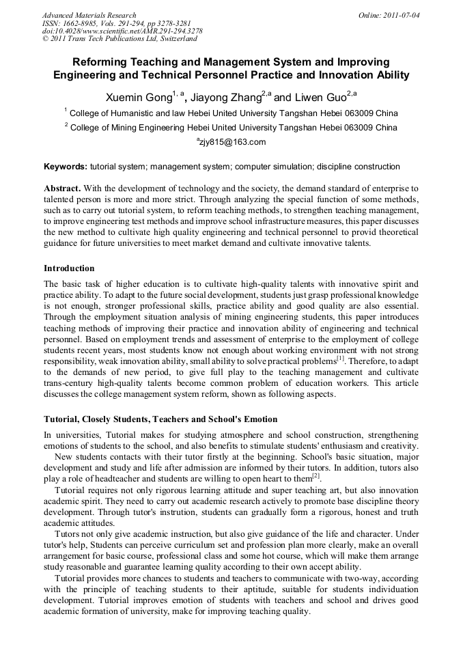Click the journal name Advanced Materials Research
(89, 15)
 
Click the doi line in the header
(122, 31)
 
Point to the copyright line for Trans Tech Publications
(120, 39)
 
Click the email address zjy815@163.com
(231, 142)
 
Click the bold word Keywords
(65, 167)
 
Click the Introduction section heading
(69, 268)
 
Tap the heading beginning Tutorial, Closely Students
(160, 419)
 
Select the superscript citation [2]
(316, 475)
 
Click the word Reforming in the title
(103, 61)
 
